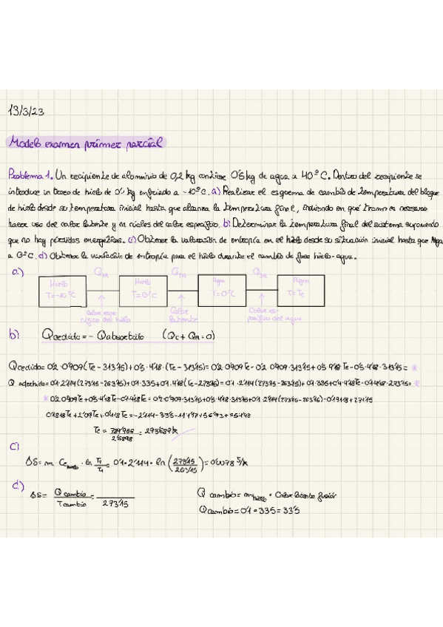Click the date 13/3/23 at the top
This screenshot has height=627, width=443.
[27, 111]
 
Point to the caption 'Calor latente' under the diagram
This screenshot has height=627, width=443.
[181, 315]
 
